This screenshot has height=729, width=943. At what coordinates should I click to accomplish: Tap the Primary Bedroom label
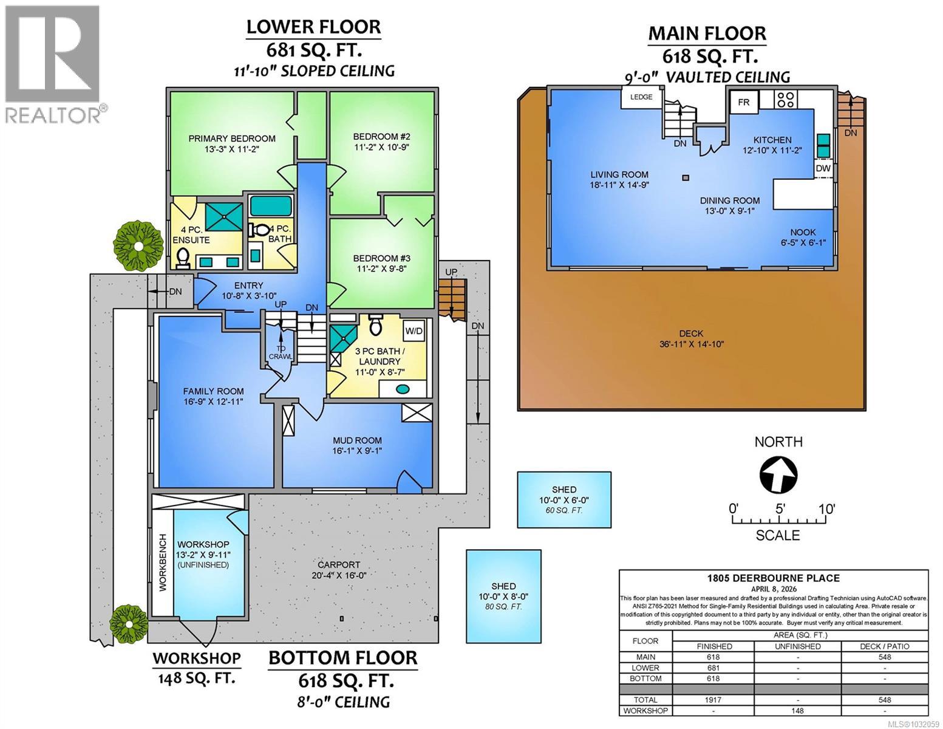click(x=231, y=139)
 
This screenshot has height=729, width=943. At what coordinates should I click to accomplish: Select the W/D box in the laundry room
click(x=414, y=331)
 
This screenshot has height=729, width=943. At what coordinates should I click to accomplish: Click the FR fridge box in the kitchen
click(x=744, y=103)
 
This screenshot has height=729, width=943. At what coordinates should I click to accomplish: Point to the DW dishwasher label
click(x=823, y=168)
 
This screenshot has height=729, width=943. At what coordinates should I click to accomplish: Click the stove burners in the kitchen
click(x=786, y=99)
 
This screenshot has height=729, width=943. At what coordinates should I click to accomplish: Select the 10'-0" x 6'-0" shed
click(x=564, y=499)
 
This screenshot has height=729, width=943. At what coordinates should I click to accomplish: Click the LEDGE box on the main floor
click(x=641, y=97)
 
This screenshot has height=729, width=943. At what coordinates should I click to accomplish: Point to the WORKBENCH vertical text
click(x=163, y=563)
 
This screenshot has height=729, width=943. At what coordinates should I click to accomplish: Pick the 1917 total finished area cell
click(x=713, y=700)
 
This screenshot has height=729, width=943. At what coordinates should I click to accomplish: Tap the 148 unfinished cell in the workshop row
click(x=797, y=711)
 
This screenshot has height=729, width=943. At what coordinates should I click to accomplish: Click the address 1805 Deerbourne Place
click(x=773, y=578)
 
